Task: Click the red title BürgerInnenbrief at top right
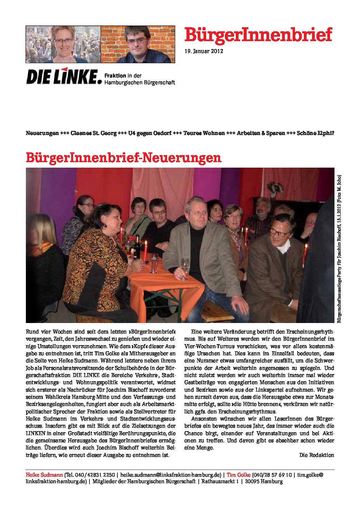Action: pos(258,35)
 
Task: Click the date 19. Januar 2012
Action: pos(203,51)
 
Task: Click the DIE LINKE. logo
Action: pos(64,77)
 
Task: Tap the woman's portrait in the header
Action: pos(64,44)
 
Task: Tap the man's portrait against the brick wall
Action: pos(138,44)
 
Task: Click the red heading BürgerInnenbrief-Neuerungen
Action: pos(124,158)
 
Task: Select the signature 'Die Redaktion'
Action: pos(316,455)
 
